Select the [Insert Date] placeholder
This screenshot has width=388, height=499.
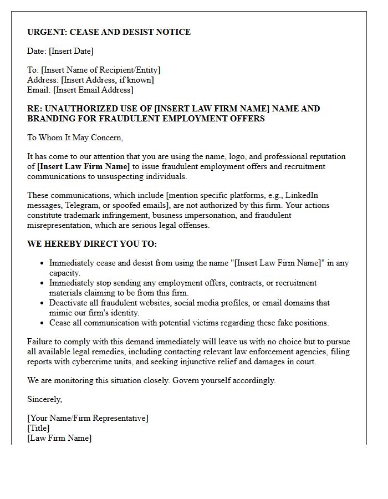[x=71, y=51]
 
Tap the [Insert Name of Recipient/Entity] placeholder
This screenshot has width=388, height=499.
[x=101, y=70]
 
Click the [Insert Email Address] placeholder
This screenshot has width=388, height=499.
[x=93, y=90]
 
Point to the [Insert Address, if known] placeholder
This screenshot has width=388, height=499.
[x=107, y=80]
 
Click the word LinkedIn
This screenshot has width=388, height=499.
[x=302, y=195]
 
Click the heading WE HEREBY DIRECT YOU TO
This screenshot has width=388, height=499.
[x=92, y=244]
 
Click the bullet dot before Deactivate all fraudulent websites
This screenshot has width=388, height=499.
[x=42, y=303]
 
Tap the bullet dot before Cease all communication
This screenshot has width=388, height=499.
[x=42, y=323]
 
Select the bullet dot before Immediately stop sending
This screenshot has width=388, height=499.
[x=42, y=283]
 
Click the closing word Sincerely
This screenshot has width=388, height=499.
[x=44, y=399]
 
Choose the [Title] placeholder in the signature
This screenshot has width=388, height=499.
[x=38, y=428]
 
